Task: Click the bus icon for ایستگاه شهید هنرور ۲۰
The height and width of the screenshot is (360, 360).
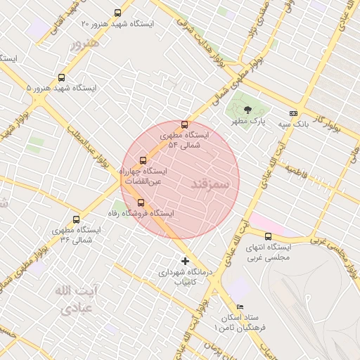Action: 117,13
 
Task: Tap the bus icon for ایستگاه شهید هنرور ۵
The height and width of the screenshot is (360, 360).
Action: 61,78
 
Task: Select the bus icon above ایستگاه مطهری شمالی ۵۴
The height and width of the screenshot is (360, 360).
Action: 185,124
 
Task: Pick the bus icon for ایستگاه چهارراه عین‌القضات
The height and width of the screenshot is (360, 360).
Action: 143,160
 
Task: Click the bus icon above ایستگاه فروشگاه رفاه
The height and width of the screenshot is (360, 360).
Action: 141,202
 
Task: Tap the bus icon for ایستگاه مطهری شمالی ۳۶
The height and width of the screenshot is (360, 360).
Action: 76,219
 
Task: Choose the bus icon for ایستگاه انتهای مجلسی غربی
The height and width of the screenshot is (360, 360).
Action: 268,237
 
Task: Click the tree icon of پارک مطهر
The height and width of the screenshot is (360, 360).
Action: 247,110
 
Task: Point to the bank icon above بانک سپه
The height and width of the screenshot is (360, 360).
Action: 293,113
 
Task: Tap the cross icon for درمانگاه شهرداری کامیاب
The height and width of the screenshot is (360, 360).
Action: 185,261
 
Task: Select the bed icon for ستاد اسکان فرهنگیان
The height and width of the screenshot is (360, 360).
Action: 240,307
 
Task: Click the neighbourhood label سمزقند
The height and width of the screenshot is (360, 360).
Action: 210,184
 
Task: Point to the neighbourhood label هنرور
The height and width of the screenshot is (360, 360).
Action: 86,44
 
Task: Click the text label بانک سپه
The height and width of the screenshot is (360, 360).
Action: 293,124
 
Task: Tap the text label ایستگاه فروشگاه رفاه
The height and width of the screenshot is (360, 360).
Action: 141,213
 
